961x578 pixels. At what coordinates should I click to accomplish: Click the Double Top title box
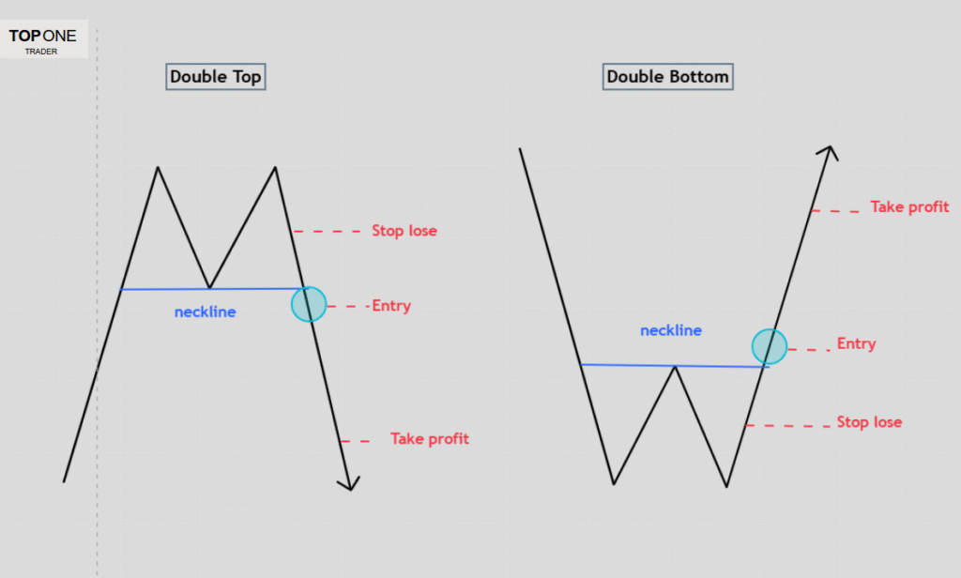coord(216,76)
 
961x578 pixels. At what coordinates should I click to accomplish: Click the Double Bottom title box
coord(667,76)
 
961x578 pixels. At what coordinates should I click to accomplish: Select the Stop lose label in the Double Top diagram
coord(404,231)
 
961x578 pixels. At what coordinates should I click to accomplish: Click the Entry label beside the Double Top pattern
coord(391,306)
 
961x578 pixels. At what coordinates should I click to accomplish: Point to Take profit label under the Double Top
coord(430,439)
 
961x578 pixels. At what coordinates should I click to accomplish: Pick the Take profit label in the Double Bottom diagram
coord(909,207)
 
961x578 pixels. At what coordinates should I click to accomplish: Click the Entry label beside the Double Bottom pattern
coord(856,344)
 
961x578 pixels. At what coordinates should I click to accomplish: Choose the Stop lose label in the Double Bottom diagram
coord(869,422)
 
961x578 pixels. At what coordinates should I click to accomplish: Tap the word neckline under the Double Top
coord(205,312)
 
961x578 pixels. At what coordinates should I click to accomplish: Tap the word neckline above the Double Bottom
coord(671,330)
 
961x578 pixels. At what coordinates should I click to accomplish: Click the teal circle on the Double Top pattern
coord(309,304)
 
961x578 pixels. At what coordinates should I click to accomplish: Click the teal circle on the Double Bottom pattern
coord(770,346)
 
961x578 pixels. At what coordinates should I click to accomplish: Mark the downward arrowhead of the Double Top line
coord(350,483)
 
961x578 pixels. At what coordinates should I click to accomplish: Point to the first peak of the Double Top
coord(158,168)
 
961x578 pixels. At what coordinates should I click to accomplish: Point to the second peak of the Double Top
coord(275,168)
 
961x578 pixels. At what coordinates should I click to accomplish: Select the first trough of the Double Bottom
coord(613,483)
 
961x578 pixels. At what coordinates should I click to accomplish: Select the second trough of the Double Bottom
coord(726,486)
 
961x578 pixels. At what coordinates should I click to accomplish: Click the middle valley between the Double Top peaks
coord(209,287)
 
